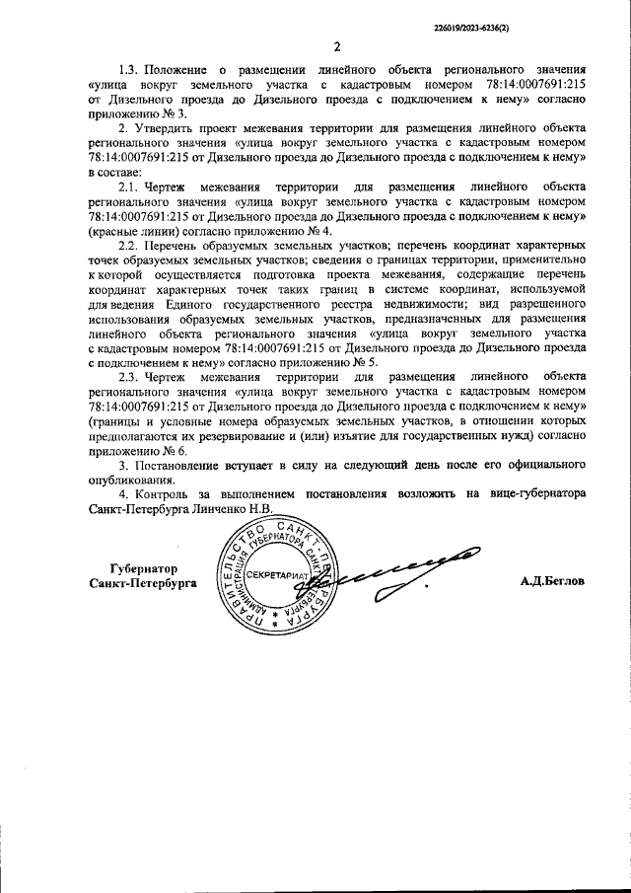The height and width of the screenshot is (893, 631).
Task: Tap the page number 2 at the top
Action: (336, 46)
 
